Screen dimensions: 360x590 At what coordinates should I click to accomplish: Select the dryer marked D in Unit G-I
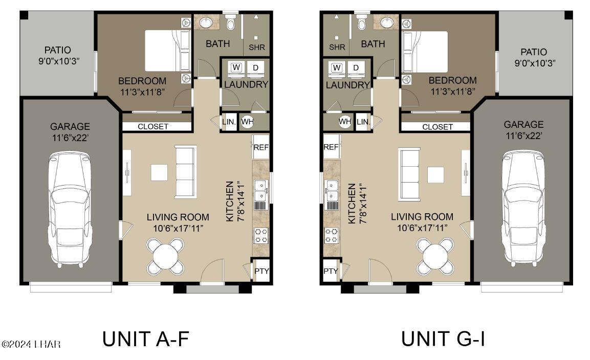[356, 68]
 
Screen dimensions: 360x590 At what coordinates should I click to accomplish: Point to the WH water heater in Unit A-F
[247, 122]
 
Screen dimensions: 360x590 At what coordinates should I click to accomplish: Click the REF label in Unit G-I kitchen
[331, 147]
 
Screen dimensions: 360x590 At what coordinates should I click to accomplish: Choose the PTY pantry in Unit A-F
[261, 271]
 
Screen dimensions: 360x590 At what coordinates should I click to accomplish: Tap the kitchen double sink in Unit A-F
[261, 190]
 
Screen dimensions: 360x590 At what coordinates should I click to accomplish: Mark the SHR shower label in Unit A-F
[257, 47]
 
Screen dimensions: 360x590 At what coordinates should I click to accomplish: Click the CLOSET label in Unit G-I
[438, 127]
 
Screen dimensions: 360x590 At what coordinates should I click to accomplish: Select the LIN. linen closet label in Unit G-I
[363, 122]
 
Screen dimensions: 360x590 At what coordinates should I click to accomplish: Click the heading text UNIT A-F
[146, 339]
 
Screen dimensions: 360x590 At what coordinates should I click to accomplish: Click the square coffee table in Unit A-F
[159, 172]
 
